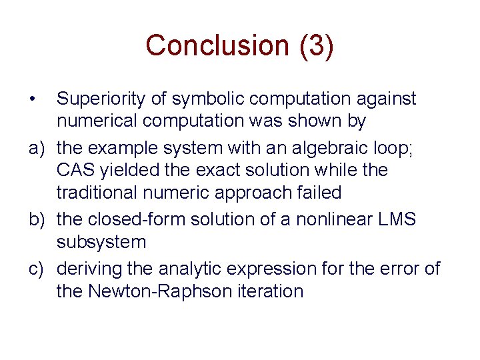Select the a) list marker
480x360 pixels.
36,147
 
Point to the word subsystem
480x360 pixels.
101,243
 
